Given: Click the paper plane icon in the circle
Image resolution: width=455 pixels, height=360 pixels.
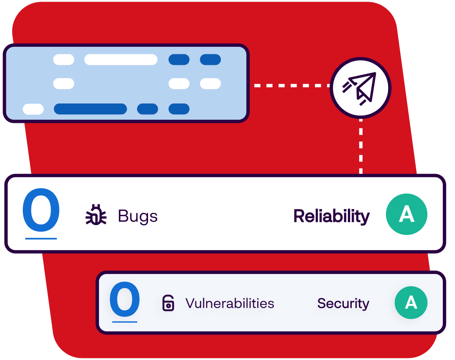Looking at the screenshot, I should click(x=360, y=87).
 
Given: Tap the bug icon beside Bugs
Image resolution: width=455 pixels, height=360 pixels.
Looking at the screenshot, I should click(x=96, y=216).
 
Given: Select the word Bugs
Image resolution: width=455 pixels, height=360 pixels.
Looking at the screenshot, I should click(x=138, y=216).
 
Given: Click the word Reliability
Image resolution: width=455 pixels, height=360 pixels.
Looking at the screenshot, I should click(x=331, y=216).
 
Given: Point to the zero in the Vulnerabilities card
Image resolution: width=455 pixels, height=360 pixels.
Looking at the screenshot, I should click(x=125, y=299).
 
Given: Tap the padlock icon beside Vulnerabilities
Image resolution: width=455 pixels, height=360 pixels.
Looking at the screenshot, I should click(x=168, y=303).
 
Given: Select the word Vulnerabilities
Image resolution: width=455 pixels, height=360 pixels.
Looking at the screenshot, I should click(x=230, y=303).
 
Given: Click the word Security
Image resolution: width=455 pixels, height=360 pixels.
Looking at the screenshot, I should click(x=343, y=304).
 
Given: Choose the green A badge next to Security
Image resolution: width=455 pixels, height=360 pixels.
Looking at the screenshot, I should click(x=411, y=303).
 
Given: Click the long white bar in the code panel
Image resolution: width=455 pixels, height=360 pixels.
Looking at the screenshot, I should click(x=121, y=60).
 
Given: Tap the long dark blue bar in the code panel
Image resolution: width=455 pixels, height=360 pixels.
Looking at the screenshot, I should click(x=90, y=109).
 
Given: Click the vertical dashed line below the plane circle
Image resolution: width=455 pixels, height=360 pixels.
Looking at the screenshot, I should click(x=360, y=146).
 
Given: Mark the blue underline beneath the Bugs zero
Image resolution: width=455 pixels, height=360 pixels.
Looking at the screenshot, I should click(x=41, y=239).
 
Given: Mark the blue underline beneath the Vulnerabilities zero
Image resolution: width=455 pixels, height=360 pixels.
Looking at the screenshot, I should click(x=125, y=322).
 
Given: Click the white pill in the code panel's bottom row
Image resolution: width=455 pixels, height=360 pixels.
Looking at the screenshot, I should click(x=33, y=109).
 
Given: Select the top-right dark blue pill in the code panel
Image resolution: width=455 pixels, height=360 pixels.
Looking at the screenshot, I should click(x=210, y=60).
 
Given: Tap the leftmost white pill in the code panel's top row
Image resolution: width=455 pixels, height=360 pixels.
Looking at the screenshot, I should click(x=64, y=60).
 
